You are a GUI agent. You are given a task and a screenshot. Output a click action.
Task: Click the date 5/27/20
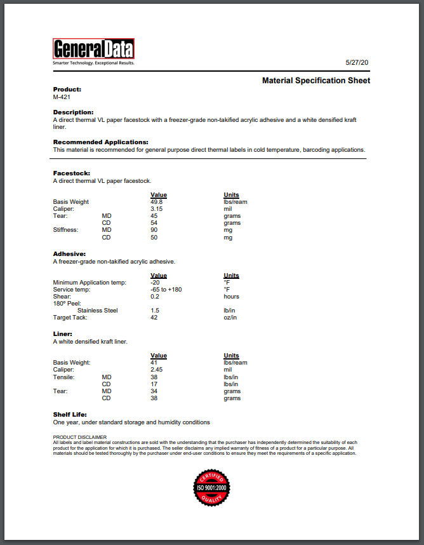(357, 63)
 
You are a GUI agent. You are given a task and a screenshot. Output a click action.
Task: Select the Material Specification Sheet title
(316, 81)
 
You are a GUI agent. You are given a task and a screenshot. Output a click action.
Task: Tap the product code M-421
(62, 97)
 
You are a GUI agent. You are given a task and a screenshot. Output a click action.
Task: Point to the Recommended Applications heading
(100, 142)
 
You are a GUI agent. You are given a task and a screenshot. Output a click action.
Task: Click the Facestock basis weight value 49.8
(157, 202)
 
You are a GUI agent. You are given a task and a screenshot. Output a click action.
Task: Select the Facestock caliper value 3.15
(157, 209)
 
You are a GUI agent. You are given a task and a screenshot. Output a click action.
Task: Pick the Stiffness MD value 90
(154, 231)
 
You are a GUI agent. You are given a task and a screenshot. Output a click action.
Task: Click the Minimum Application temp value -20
(155, 283)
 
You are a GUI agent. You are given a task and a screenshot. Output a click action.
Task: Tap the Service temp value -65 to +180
(166, 290)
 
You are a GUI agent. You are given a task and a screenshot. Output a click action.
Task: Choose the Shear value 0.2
(155, 297)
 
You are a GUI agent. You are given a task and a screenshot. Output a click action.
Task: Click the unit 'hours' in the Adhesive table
(231, 297)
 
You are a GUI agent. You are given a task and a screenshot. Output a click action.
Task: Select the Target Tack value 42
(154, 318)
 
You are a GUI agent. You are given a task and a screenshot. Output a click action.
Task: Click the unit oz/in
(230, 318)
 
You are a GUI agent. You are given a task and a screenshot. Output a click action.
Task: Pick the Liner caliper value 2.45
(157, 370)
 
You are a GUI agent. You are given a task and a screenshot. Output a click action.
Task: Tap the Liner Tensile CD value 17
(154, 384)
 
